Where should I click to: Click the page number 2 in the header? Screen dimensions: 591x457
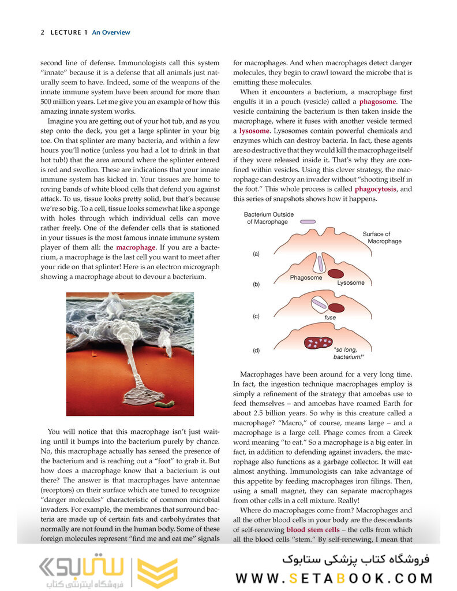[x=43, y=32]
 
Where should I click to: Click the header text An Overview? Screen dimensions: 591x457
[x=111, y=32]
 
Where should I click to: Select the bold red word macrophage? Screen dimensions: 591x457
[x=136, y=247]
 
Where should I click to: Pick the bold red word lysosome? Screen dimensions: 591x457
[x=254, y=131]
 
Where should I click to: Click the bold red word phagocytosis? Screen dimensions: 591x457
[x=376, y=189]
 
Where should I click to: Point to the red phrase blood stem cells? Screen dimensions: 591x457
[x=313, y=529]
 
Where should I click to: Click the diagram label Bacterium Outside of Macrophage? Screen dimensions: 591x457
[x=268, y=218]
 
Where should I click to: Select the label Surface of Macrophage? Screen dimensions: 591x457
[x=384, y=237]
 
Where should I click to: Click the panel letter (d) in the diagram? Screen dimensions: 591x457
[x=256, y=350]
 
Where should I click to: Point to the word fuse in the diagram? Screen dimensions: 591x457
[x=329, y=317]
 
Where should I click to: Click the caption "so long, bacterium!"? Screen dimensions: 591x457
[x=351, y=353]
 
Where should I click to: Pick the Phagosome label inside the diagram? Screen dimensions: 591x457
[x=306, y=278]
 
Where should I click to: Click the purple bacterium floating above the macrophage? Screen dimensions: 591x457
[x=308, y=221]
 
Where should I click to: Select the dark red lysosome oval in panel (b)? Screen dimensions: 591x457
[x=336, y=274]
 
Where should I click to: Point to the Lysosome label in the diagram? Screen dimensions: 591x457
[x=351, y=283]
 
